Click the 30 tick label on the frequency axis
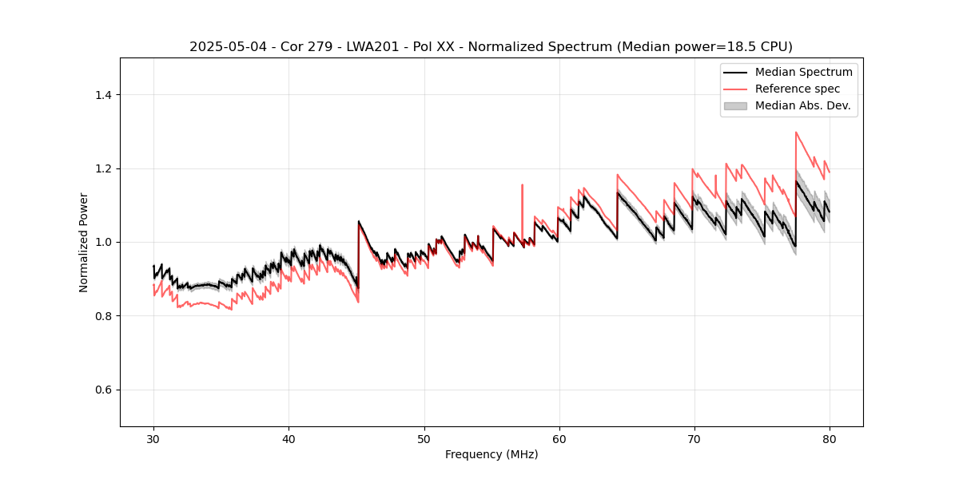(x=153, y=438)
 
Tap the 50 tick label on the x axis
(x=424, y=438)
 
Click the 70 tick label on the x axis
(x=694, y=438)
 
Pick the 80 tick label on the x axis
(x=829, y=438)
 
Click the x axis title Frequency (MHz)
(x=491, y=454)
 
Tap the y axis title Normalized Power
(x=84, y=242)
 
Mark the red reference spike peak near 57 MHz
(x=522, y=185)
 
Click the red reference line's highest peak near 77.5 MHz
(x=796, y=133)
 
